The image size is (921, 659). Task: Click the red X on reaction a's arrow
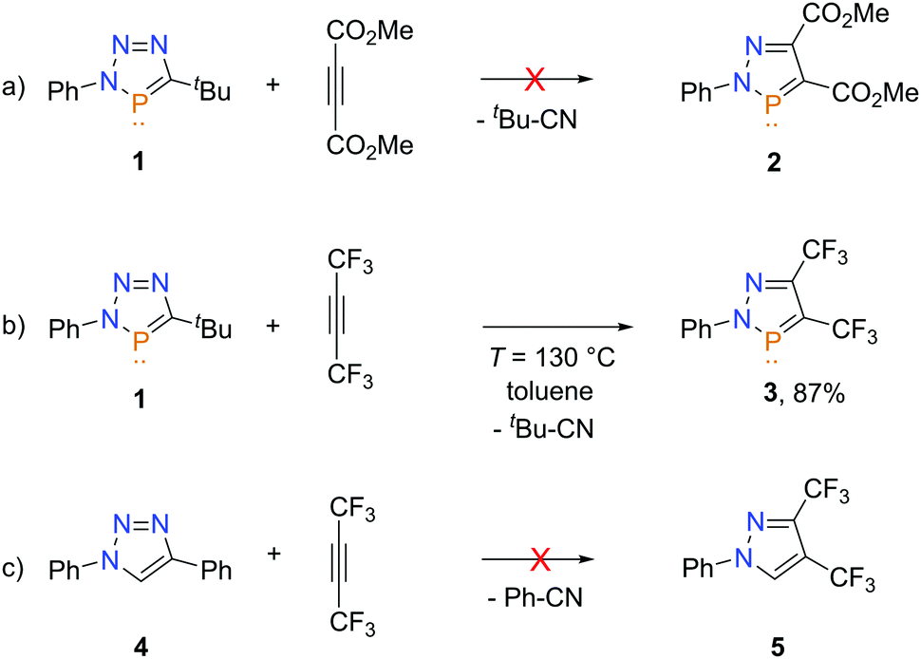535,83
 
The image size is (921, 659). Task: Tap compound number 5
775,640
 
